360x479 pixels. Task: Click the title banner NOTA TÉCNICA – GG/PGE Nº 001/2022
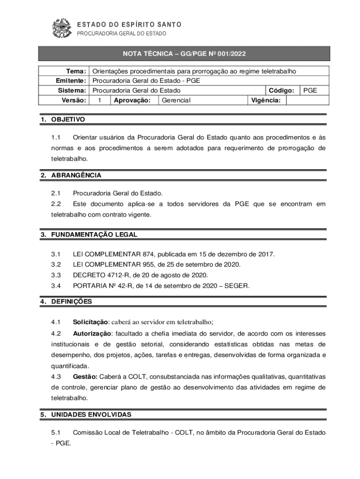coord(184,54)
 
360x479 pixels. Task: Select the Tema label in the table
coord(76,72)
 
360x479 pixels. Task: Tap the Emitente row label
coord(71,81)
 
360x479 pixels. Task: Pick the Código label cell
coord(281,90)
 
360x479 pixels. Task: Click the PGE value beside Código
coord(310,90)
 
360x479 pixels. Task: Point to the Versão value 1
coord(100,100)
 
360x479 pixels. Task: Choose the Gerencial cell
coord(176,100)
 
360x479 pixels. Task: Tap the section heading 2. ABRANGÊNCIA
coord(71,175)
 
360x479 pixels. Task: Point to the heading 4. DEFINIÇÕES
coord(66,302)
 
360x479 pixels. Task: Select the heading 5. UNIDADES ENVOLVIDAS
coord(86,414)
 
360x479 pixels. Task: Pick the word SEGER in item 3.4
coord(237,285)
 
